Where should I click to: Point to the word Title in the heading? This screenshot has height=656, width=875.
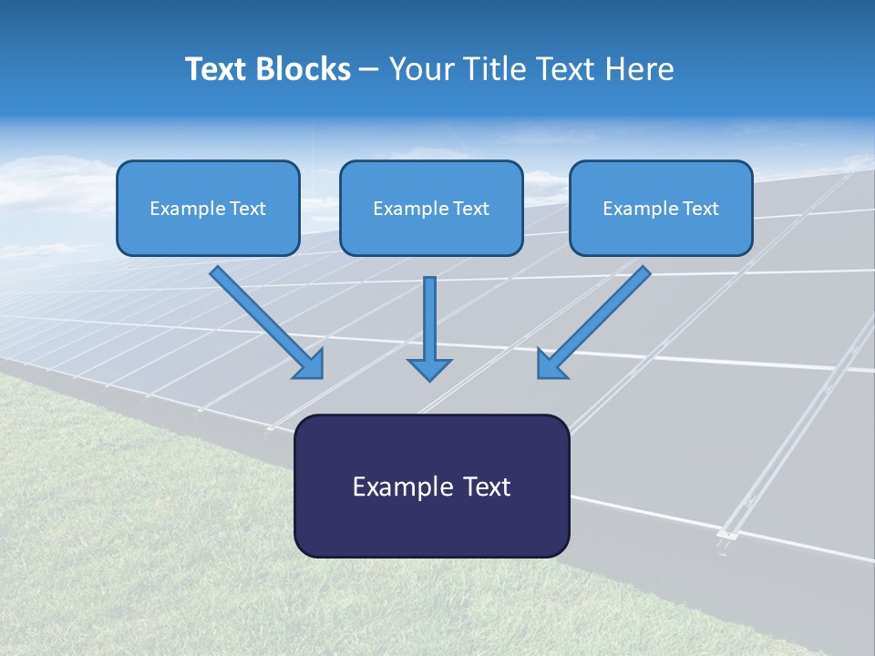[x=496, y=69]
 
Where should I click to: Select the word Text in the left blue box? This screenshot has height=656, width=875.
[x=248, y=209]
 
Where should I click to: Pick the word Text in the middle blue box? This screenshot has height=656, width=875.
[x=471, y=209]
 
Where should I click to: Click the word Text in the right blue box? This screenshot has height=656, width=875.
[x=701, y=209]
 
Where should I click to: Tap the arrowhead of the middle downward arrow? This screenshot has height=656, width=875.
[x=430, y=369]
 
